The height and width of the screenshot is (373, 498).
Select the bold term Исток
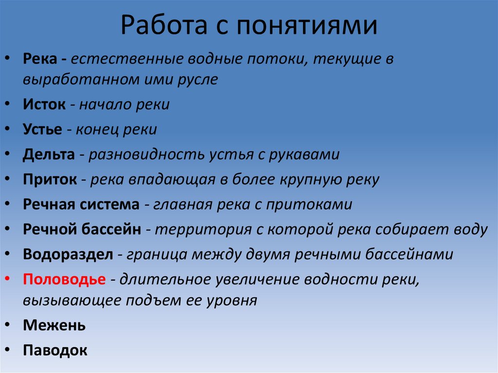[44, 105]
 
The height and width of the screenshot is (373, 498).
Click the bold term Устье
[42, 129]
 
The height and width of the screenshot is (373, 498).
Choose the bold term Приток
[50, 179]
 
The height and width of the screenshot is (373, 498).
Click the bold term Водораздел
[68, 254]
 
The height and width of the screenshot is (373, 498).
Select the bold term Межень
[54, 325]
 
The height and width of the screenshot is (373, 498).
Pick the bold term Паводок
[55, 350]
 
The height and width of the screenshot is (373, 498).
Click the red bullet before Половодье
[9, 280]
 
